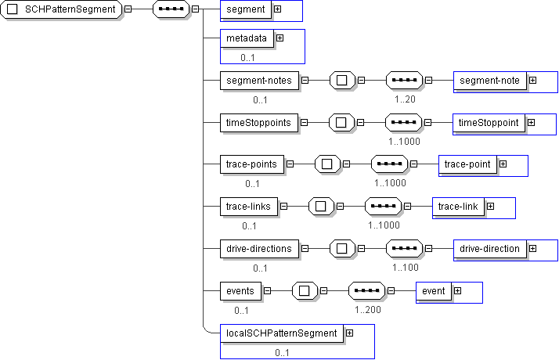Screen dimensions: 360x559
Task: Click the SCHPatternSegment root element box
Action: (62, 10)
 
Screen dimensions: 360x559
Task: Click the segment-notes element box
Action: (258, 80)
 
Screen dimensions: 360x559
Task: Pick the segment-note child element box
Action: (489, 80)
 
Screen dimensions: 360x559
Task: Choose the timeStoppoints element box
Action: (258, 123)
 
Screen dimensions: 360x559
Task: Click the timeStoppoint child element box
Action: (489, 123)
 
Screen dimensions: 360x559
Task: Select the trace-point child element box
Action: (467, 164)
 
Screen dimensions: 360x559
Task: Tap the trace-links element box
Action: (247, 207)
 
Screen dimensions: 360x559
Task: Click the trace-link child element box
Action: (458, 207)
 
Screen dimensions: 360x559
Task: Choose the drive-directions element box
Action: (258, 249)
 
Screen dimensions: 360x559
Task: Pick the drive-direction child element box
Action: (489, 249)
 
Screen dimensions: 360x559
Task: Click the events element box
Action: (240, 291)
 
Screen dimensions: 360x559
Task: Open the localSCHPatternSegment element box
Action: (281, 333)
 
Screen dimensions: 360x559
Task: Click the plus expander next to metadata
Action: (279, 38)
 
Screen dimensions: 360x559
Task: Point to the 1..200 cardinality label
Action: (367, 310)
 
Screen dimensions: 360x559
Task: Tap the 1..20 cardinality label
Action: (405, 99)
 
